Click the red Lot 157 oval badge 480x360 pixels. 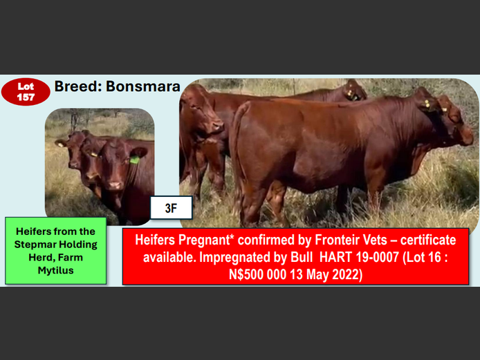tap(26, 93)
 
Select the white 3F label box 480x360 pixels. tap(170, 207)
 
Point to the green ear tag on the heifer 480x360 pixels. tap(134, 160)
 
